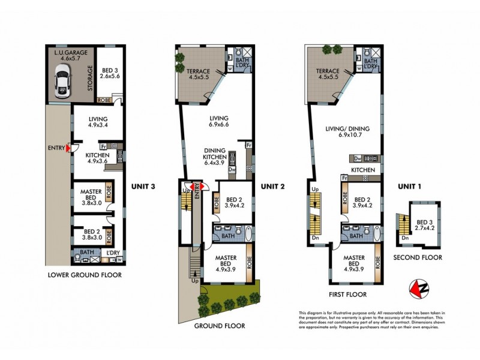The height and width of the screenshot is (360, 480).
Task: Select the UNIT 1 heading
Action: tap(412, 187)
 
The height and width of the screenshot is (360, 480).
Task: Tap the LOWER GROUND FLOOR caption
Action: tap(84, 275)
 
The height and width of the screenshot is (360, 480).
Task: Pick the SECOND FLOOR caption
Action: tap(418, 257)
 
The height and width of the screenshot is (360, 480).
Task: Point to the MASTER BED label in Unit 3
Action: tap(91, 196)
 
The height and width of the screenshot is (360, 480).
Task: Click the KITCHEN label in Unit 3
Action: tap(98, 157)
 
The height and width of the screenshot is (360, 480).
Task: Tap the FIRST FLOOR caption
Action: tap(348, 295)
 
